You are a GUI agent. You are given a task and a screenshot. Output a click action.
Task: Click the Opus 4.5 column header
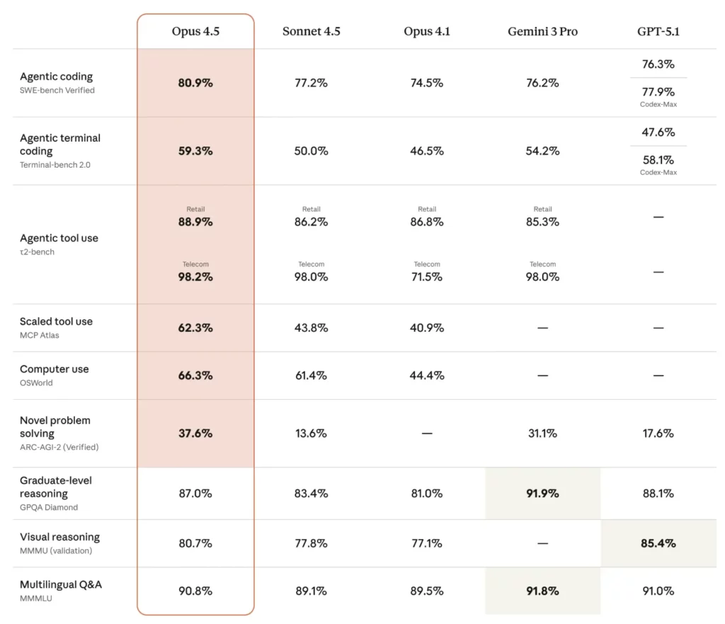[x=195, y=32]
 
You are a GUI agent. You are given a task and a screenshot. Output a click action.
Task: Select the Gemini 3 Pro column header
[x=542, y=32]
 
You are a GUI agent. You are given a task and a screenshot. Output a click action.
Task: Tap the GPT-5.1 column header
[x=658, y=32]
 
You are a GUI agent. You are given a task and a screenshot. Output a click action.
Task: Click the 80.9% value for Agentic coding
[x=195, y=83]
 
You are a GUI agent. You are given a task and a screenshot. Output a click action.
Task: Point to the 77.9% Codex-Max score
[x=658, y=92]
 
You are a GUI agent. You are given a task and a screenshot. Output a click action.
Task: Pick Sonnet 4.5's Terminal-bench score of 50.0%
[x=311, y=151]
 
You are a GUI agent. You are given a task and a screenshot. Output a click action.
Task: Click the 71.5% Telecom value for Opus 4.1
[x=427, y=277]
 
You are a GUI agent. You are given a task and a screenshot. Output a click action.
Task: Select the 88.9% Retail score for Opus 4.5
[x=195, y=221]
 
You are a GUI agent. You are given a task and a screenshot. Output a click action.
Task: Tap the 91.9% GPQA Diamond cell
[x=542, y=493]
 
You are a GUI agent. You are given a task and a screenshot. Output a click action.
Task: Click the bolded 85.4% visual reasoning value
[x=658, y=543]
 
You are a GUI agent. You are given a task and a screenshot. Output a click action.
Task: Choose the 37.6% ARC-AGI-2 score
[x=195, y=433]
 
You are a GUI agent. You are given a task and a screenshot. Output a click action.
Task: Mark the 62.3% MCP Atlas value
[x=195, y=328]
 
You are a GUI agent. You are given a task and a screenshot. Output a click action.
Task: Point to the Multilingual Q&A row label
[x=61, y=585]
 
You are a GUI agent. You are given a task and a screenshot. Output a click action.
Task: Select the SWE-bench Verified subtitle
[x=57, y=91]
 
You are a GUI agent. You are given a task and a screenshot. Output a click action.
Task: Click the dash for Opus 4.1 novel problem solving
[x=427, y=433]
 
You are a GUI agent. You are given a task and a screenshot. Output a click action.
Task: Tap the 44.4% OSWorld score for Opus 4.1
[x=427, y=376]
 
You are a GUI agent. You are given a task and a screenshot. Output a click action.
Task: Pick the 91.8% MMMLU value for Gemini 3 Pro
[x=542, y=591]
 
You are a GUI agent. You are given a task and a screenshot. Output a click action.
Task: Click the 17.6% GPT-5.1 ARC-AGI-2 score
[x=658, y=433]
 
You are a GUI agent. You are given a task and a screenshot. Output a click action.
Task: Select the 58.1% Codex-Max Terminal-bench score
[x=658, y=161]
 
